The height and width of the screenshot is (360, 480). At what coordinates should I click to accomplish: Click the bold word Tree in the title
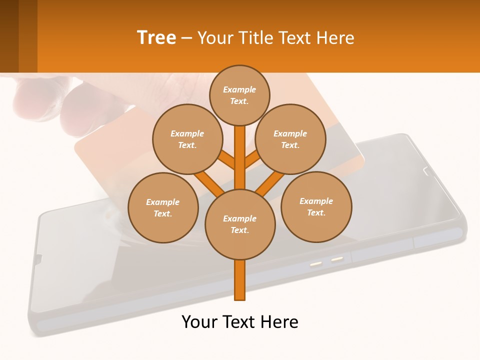pyautogui.click(x=156, y=38)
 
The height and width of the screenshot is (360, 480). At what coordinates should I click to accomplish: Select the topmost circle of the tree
pyautogui.click(x=239, y=95)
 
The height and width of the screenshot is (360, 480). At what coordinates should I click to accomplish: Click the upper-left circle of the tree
pyautogui.click(x=187, y=139)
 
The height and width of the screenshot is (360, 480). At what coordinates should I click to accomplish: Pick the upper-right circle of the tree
pyautogui.click(x=290, y=139)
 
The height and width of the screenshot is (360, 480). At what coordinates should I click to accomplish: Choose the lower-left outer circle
pyautogui.click(x=163, y=208)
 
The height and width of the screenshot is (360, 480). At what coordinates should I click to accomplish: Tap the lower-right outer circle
pyautogui.click(x=316, y=207)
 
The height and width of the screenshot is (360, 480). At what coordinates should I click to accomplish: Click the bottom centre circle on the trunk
pyautogui.click(x=240, y=224)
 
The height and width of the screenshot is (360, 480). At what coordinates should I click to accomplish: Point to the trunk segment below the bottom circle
pyautogui.click(x=240, y=280)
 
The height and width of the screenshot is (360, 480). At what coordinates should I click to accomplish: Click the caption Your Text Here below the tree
pyautogui.click(x=240, y=322)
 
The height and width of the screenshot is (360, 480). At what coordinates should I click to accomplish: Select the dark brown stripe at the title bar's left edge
pyautogui.click(x=9, y=36)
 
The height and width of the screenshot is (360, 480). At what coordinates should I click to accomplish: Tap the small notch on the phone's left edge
pyautogui.click(x=38, y=258)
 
